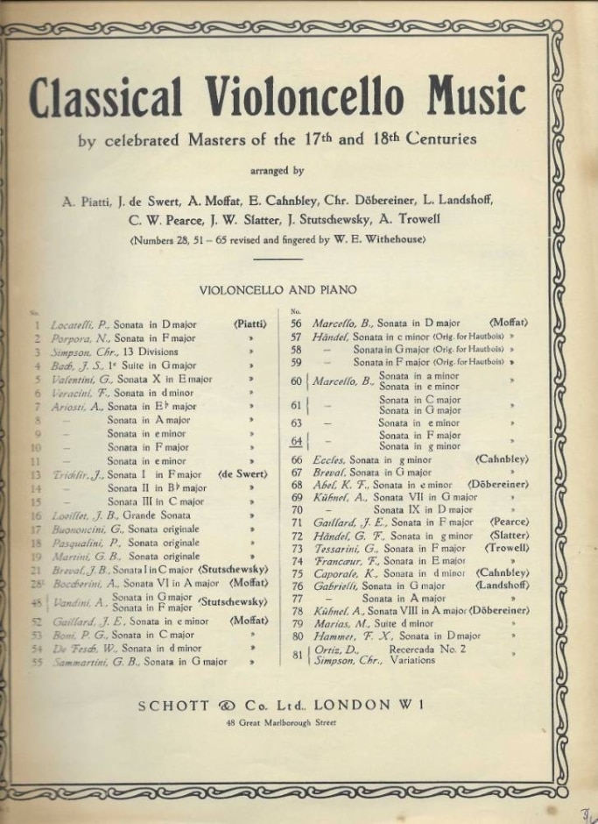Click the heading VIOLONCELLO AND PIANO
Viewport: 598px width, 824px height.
point(278,290)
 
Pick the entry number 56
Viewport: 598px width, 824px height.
point(296,322)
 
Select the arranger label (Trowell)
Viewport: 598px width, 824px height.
point(506,548)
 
